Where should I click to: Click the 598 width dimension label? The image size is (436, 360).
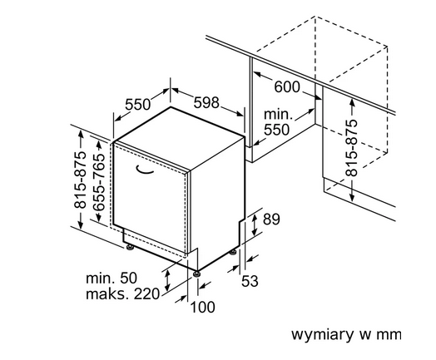[x=206, y=103]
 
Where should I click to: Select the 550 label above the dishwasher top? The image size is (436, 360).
[x=137, y=105]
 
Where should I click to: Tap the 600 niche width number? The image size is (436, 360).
[x=287, y=87]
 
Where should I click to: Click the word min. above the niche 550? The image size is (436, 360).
[x=278, y=114]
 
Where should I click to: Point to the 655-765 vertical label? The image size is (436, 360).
[x=99, y=182]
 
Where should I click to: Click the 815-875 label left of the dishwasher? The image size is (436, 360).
[x=81, y=180]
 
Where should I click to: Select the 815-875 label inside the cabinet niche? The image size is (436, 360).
[x=351, y=148]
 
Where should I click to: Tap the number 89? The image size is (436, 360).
[x=271, y=219]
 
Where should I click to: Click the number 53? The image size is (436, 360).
[x=250, y=281]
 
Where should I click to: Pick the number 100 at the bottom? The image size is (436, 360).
[x=202, y=308]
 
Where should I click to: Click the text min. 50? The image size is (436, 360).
[x=111, y=278]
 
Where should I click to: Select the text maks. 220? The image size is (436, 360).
[x=122, y=293]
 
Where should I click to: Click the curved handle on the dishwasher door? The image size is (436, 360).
[x=145, y=170]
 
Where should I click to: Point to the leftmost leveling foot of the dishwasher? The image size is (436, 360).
[x=129, y=247]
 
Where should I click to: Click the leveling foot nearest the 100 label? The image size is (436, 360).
[x=197, y=274]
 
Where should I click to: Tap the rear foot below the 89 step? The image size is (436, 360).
[x=233, y=252]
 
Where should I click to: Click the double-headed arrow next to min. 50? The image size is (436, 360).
[x=167, y=280]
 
